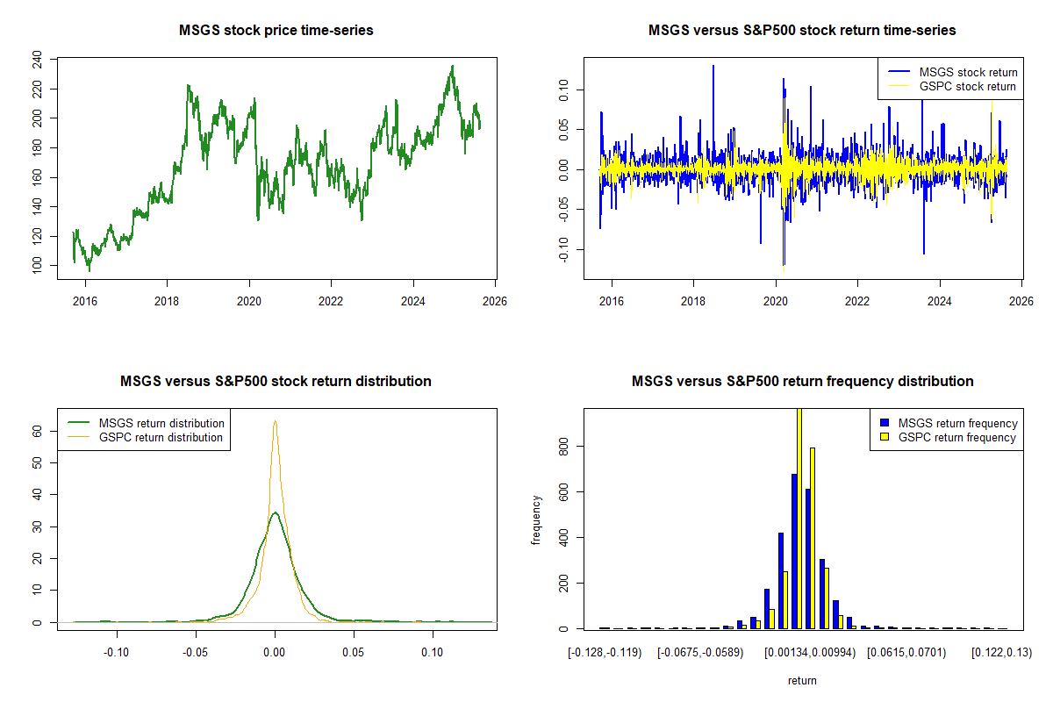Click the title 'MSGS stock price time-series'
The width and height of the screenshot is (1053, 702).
[276, 31]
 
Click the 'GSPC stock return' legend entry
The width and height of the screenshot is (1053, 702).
[966, 86]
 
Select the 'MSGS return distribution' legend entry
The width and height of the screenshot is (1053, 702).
[161, 423]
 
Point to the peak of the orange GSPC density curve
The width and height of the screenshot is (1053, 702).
[275, 421]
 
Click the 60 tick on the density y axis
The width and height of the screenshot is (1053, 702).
[37, 431]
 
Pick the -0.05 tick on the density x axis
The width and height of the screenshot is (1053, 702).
[196, 653]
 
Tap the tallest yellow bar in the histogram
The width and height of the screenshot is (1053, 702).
[799, 518]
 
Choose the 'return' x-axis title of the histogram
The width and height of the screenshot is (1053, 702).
[802, 680]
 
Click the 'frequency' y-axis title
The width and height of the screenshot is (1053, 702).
[536, 519]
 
